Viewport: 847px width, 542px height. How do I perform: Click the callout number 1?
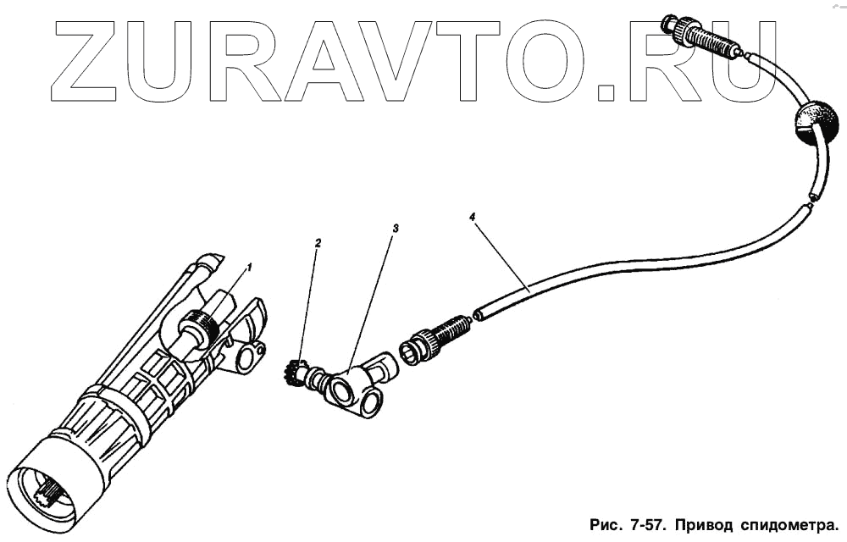click(x=249, y=267)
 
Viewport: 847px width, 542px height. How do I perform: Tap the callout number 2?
click(x=318, y=243)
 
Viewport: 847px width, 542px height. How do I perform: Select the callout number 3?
click(x=395, y=229)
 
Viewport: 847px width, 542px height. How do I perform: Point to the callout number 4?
click(x=472, y=217)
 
